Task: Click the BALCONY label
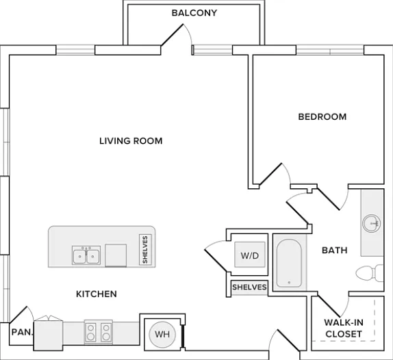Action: (194, 13)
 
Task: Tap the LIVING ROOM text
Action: (131, 141)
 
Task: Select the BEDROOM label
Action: (322, 117)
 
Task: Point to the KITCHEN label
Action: (97, 294)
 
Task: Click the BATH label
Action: (335, 250)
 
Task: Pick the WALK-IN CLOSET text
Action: (344, 329)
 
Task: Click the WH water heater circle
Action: (162, 334)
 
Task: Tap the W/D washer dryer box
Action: (250, 255)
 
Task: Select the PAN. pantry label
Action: (22, 332)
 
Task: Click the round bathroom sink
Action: (372, 223)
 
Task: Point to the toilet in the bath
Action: (370, 273)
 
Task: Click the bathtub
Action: (289, 263)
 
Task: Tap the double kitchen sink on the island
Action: (86, 255)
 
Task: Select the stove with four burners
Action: (99, 331)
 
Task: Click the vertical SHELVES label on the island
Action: (145, 250)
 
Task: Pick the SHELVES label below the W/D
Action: (249, 287)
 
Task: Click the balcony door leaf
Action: (172, 35)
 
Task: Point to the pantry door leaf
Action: (18, 314)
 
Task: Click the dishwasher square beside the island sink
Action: (116, 255)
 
